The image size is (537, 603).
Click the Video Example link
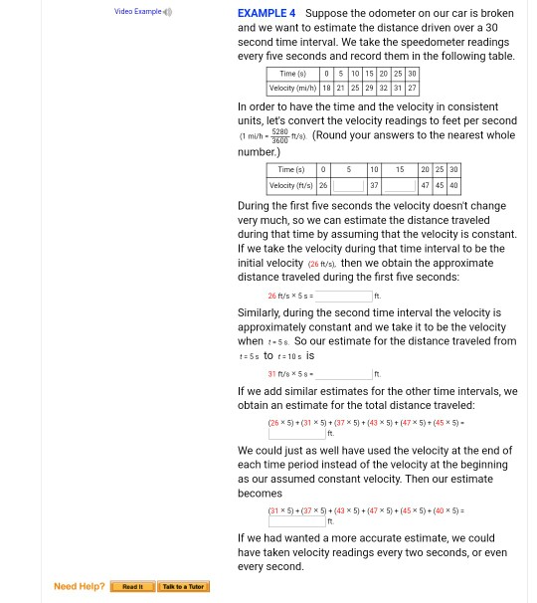pyautogui.click(x=137, y=12)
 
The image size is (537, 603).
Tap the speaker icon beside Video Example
pyautogui.click(x=167, y=12)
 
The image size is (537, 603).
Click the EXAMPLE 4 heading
pyautogui.click(x=266, y=14)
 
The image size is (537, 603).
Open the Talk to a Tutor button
pyautogui.click(x=183, y=587)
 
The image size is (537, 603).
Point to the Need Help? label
pyautogui.click(x=79, y=587)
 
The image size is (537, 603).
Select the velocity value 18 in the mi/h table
pyautogui.click(x=326, y=88)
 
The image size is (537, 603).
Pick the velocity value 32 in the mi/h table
pyautogui.click(x=383, y=88)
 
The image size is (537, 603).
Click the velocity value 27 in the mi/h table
pyautogui.click(x=412, y=88)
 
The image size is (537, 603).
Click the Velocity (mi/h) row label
pyautogui.click(x=291, y=88)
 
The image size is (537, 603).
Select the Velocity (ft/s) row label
pyautogui.click(x=291, y=185)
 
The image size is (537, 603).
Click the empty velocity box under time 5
pyautogui.click(x=348, y=185)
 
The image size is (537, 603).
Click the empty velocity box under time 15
pyautogui.click(x=399, y=185)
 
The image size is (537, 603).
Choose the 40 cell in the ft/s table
pyautogui.click(x=453, y=185)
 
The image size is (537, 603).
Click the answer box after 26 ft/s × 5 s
pyautogui.click(x=343, y=297)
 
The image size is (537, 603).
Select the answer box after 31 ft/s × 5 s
pyautogui.click(x=343, y=374)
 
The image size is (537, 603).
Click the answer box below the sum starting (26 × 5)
pyautogui.click(x=296, y=434)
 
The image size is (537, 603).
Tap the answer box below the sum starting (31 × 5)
pyautogui.click(x=296, y=521)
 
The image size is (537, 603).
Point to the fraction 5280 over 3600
pyautogui.click(x=279, y=136)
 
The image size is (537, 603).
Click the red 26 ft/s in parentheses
pyautogui.click(x=320, y=265)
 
